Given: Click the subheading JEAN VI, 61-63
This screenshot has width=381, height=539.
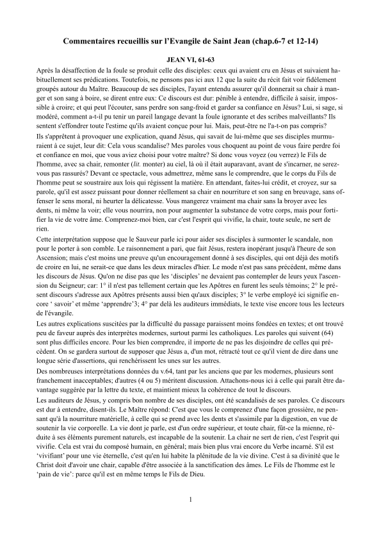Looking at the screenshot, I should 190,58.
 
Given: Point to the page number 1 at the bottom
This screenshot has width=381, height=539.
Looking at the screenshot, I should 190,516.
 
